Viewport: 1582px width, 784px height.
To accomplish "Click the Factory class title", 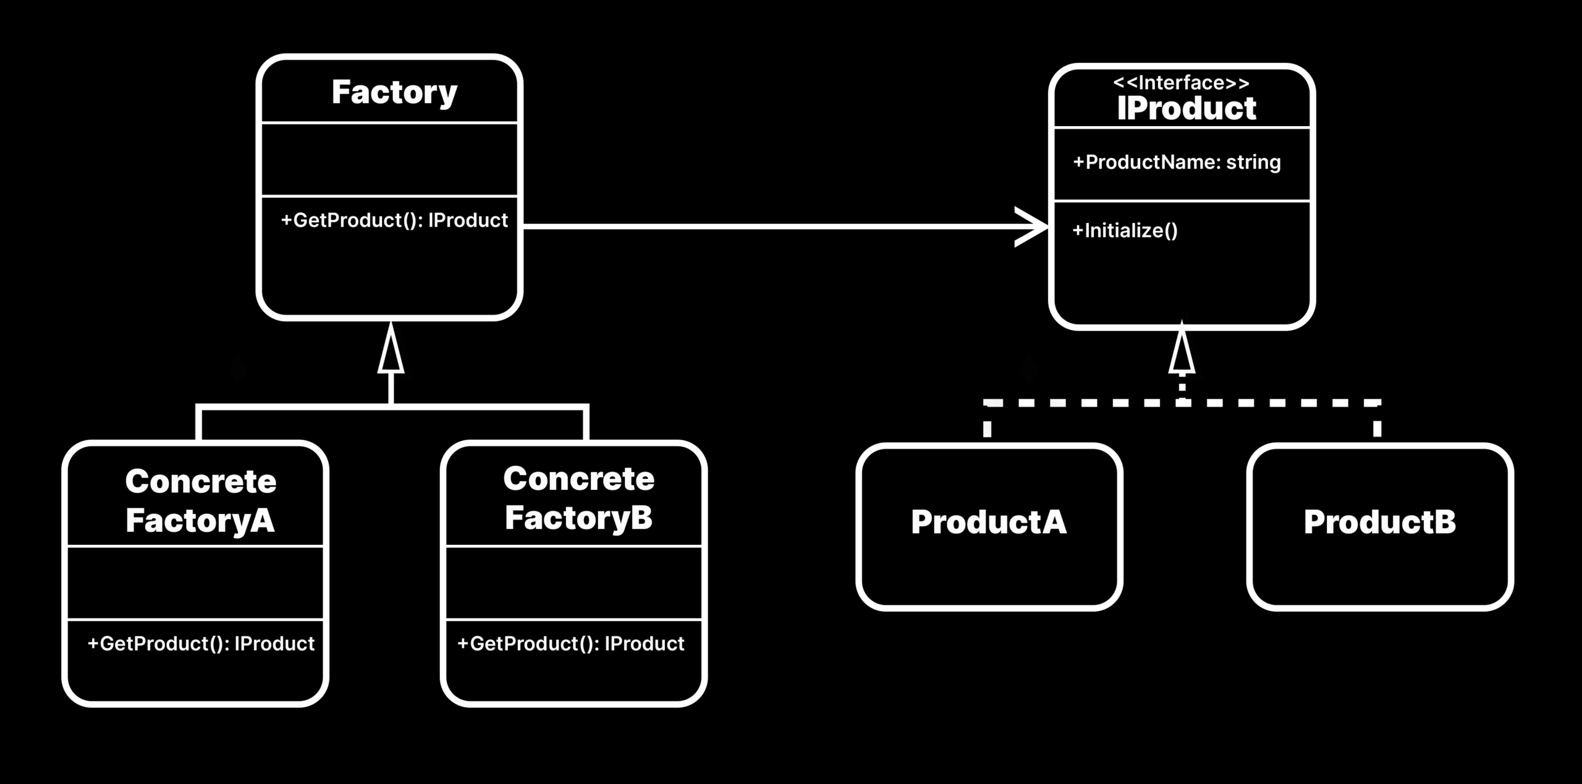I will pos(394,93).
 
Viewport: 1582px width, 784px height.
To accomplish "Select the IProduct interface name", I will pos(1186,109).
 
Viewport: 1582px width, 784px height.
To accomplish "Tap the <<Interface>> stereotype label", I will pos(1181,83).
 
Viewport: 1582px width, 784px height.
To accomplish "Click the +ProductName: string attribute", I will pos(1177,162).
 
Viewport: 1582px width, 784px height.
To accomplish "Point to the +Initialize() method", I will pos(1125,230).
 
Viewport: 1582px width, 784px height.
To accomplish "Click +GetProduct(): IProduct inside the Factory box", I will pos(394,221).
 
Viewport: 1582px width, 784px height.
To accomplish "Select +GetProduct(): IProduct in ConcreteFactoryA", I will pos(201,644).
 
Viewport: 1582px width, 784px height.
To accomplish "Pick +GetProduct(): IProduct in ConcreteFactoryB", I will pos(570,644).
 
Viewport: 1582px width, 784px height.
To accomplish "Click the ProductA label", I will pos(988,522).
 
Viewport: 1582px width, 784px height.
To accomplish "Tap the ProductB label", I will pos(1379,522).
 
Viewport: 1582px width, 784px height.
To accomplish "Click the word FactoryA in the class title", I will pos(200,520).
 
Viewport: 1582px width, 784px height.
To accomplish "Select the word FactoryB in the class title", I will pos(578,518).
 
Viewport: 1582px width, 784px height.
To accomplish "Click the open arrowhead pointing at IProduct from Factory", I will pos(1032,227).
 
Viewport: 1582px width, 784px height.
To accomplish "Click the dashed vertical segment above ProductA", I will pos(988,426).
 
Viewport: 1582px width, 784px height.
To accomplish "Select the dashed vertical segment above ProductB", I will pos(1377,426).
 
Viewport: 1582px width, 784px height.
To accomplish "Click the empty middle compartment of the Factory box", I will pos(389,159).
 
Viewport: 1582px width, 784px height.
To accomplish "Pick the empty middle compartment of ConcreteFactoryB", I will pos(573,583).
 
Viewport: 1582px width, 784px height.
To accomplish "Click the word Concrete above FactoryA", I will pos(201,481).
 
